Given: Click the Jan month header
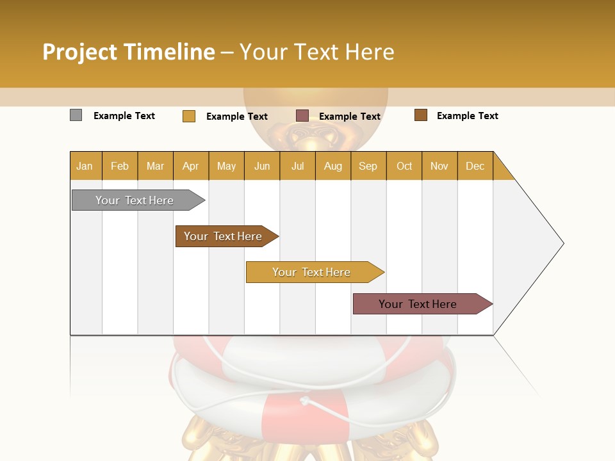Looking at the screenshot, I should coord(85,166).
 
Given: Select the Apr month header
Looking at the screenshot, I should coord(190,166).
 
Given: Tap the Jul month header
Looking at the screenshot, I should coord(297,166).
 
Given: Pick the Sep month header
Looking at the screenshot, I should coord(368,166).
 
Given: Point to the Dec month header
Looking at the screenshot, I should coord(475,166).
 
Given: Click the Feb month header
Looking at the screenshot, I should coord(120,166).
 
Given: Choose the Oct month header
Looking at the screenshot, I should coord(404,166).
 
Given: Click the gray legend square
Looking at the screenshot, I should coord(76,115).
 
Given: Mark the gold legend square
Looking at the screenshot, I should coord(188,116).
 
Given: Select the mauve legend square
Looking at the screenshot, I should coord(302,116).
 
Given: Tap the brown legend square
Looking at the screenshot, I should coord(420,115).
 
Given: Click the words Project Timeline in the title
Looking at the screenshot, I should coord(129,52).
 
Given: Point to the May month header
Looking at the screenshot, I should coord(226,166).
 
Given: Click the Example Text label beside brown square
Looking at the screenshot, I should coord(467,116).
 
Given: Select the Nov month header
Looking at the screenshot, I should coord(439,166).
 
